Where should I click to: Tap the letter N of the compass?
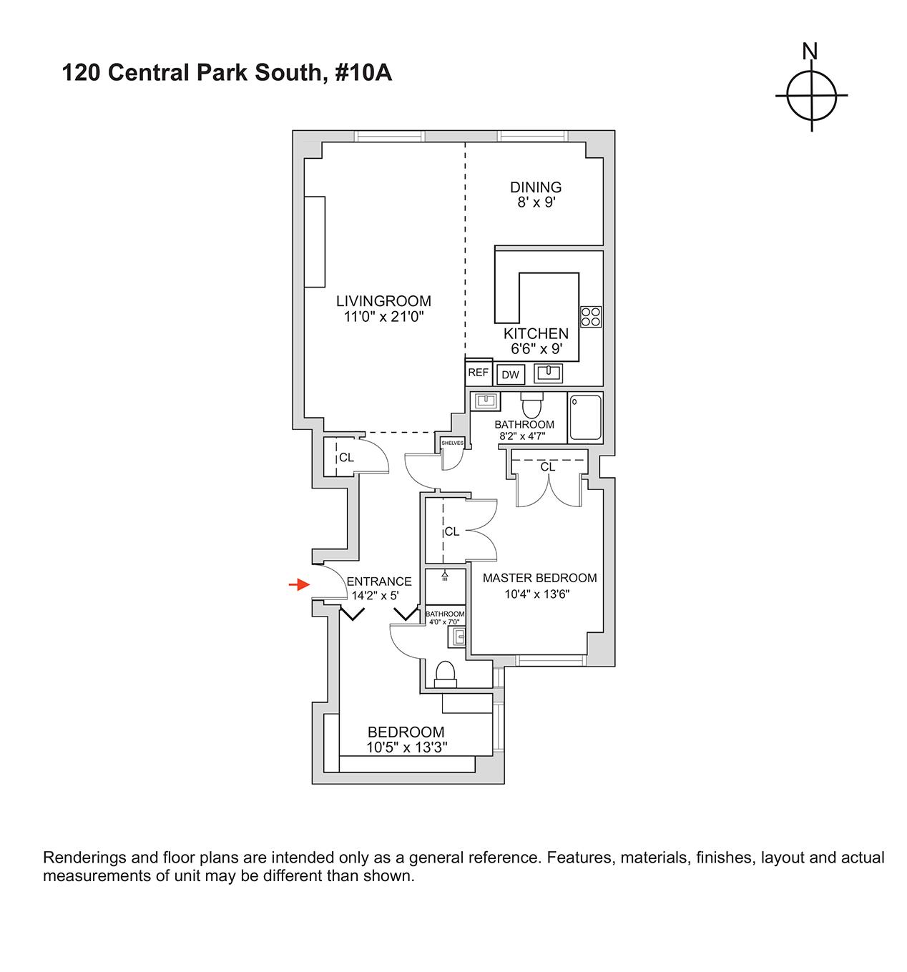coord(810,52)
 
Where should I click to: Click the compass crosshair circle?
coord(812,95)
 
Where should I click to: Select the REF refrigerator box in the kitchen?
coord(478,373)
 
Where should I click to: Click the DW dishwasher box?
coord(510,375)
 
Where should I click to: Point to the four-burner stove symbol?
coord(591,316)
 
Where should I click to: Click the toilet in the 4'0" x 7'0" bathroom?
coord(445,674)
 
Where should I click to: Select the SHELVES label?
coord(453,443)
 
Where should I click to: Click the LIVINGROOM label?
coord(384,301)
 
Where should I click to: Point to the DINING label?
coord(536,187)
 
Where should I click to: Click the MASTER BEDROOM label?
coord(539,578)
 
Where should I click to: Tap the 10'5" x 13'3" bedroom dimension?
coord(406,747)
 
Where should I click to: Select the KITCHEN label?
coord(536,333)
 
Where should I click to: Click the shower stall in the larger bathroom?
coord(586,417)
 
